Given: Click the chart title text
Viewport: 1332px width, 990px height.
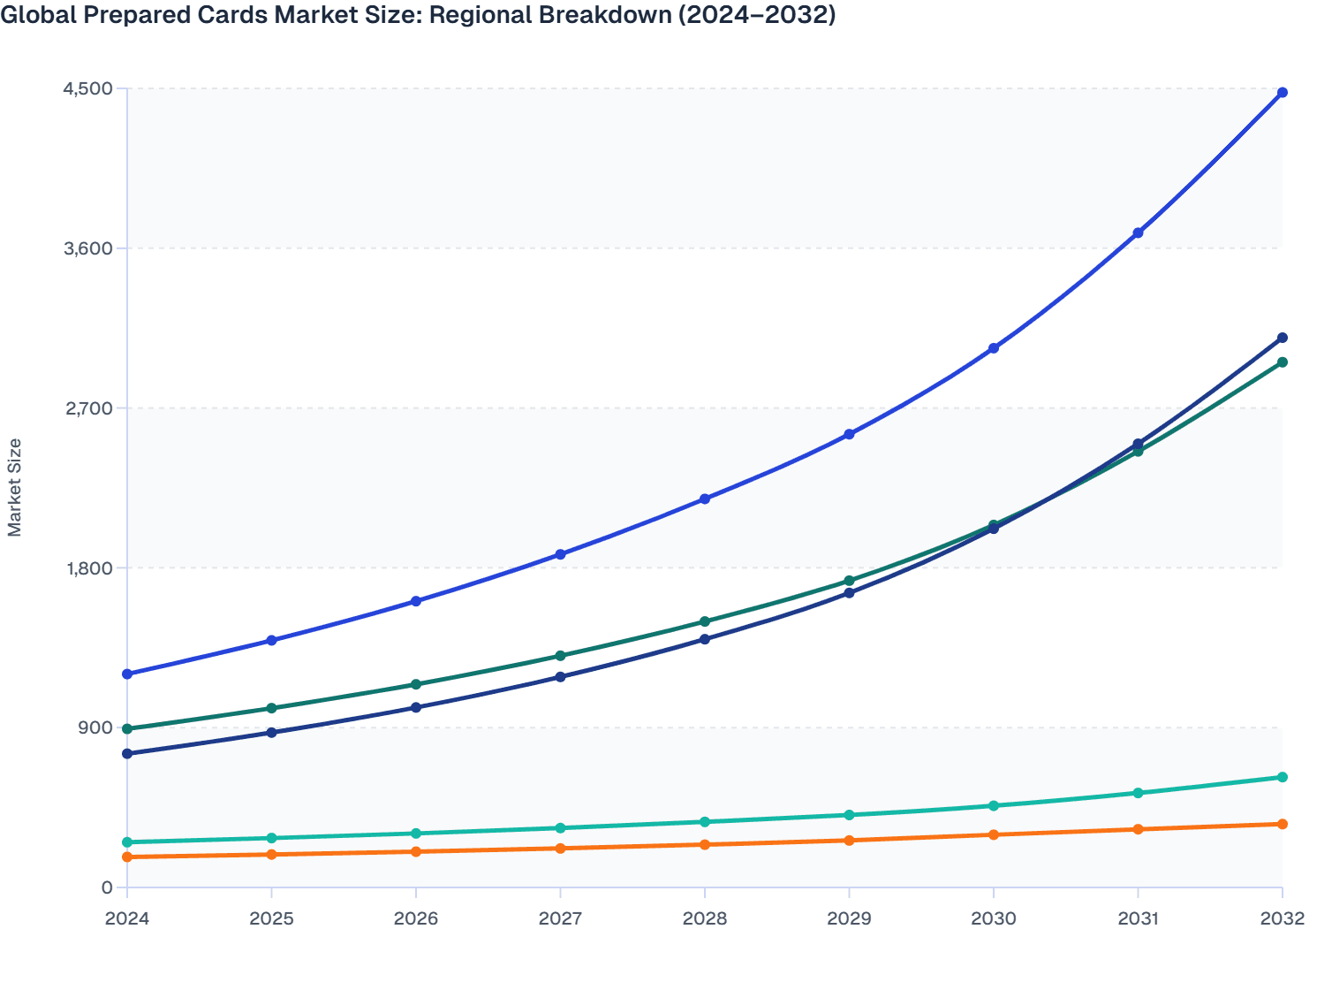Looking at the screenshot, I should pos(418,15).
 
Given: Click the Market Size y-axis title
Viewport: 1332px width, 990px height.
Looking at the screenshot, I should pos(14,487).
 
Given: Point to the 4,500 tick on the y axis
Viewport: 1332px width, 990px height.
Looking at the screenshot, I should pos(87,88).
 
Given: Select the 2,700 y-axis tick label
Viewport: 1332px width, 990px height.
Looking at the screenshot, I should pos(87,408).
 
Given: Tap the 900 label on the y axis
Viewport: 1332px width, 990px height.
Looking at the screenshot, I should pos(95,727).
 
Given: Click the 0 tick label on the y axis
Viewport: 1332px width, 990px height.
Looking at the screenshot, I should pos(106,887).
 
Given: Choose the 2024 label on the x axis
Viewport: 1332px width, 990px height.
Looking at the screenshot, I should pos(127,918).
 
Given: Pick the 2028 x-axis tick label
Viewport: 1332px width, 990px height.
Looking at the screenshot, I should pos(705,918).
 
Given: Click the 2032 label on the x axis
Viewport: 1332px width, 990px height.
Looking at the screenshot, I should pos(1282,918).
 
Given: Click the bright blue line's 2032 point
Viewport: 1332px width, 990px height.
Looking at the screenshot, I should pos(1283,93).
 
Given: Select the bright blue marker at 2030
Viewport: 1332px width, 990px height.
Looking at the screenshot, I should pos(994,348).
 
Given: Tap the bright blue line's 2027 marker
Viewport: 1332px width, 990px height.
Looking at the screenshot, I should pos(560,554).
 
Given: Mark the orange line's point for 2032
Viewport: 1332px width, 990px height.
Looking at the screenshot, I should pos(1283,824).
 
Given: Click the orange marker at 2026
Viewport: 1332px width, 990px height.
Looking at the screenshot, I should pos(416,851).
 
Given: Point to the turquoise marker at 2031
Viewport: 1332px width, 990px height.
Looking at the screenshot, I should pos(1138,793).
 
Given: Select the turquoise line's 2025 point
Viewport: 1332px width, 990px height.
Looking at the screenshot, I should pos(271,838).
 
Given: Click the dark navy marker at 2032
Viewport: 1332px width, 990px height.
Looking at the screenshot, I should pos(1283,338).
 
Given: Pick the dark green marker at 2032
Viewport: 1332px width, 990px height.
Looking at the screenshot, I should pos(1283,362).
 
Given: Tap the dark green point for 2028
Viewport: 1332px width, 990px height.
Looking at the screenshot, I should pos(705,621).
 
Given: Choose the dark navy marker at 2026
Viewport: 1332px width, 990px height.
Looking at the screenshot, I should pos(416,707).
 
